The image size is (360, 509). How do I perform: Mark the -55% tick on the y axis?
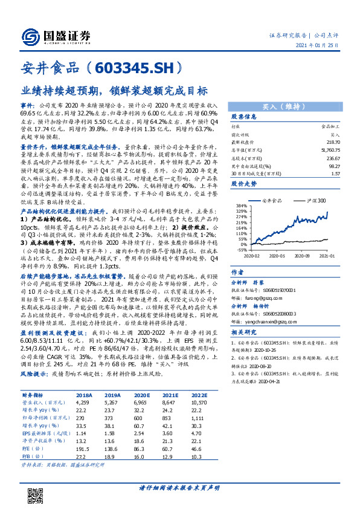tap(239, 249)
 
